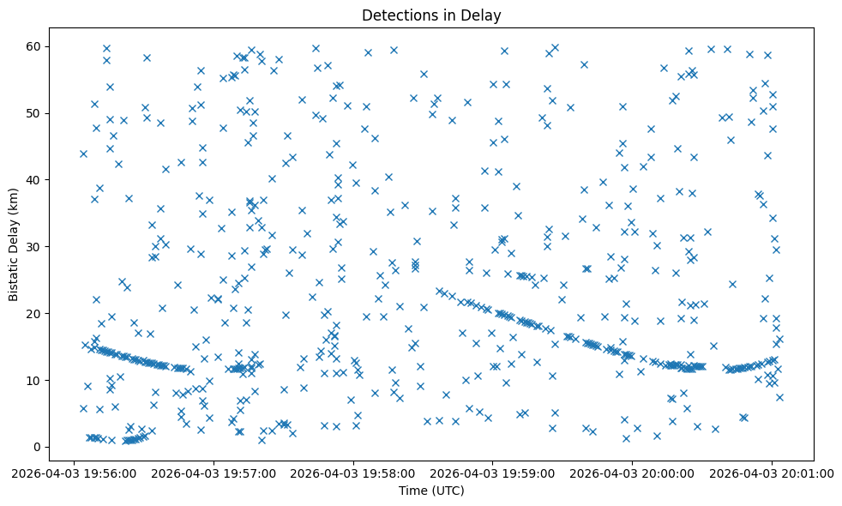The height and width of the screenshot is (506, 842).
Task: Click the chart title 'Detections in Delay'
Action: click(x=431, y=15)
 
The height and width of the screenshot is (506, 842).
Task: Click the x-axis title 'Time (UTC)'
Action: click(x=431, y=491)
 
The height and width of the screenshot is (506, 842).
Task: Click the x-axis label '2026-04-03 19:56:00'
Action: click(x=74, y=473)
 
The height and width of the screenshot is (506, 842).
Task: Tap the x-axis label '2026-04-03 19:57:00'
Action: click(x=214, y=473)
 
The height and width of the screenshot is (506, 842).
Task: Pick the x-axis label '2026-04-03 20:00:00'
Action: click(x=633, y=473)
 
